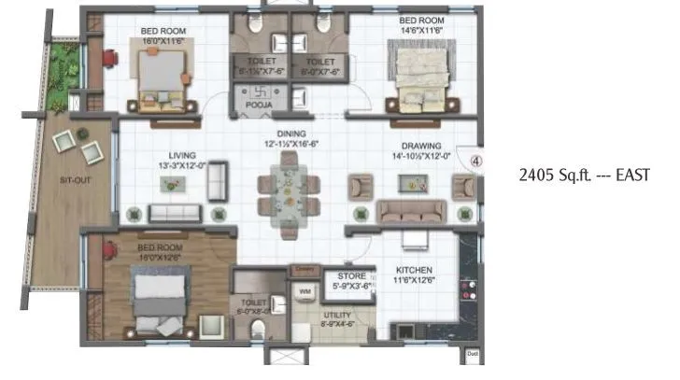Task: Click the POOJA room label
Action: (x=259, y=106)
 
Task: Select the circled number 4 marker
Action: (x=475, y=159)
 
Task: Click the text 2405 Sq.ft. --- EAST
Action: (x=583, y=175)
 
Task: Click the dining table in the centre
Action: (x=289, y=190)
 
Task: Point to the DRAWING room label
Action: (x=417, y=146)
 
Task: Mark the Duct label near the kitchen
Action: (x=473, y=354)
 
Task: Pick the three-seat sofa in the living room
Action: (x=176, y=212)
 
